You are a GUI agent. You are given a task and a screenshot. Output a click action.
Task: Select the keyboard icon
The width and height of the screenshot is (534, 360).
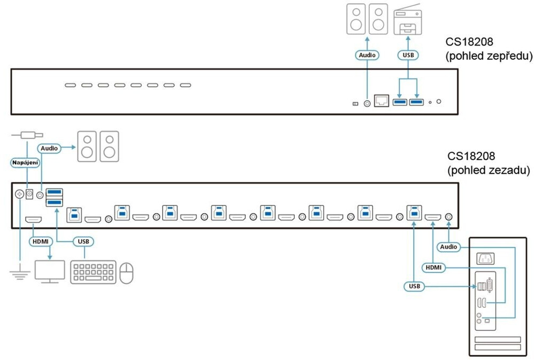(x=94, y=272)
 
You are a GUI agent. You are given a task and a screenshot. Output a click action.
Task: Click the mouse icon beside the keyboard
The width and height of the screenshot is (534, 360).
(x=126, y=273)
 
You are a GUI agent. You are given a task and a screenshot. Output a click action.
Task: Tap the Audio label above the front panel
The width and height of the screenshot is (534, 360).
(x=368, y=55)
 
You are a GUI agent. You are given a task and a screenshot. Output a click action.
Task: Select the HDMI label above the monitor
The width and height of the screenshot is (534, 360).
(x=41, y=241)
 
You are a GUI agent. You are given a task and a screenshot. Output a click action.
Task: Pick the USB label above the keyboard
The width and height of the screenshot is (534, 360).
(x=83, y=241)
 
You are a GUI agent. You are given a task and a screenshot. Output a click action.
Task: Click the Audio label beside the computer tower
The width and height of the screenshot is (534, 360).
(x=448, y=247)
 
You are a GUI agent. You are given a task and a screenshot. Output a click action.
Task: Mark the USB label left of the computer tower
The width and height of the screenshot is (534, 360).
(x=414, y=287)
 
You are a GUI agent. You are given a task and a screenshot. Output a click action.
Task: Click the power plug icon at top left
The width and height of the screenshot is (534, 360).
(x=27, y=135)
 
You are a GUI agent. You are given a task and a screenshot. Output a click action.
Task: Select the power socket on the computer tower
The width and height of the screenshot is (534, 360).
(x=485, y=258)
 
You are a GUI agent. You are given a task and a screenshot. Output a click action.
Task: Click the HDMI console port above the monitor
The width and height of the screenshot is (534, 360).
(x=34, y=219)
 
